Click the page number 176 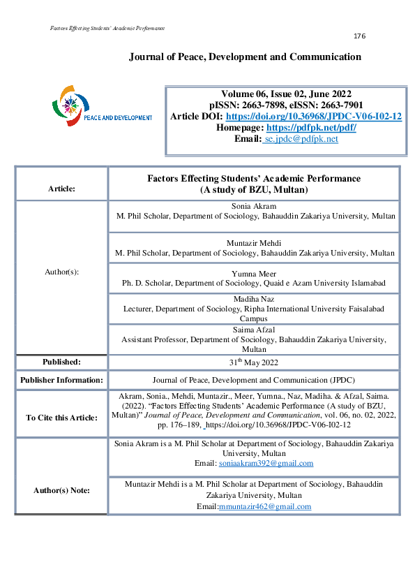[359, 36]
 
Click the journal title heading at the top [245, 57]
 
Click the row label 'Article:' [61, 189]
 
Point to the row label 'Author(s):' [61, 272]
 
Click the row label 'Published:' [61, 362]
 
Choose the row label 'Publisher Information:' [61, 381]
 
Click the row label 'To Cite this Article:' [61, 418]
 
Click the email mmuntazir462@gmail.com [265, 506]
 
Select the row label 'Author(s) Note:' [61, 490]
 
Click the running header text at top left [108, 28]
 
